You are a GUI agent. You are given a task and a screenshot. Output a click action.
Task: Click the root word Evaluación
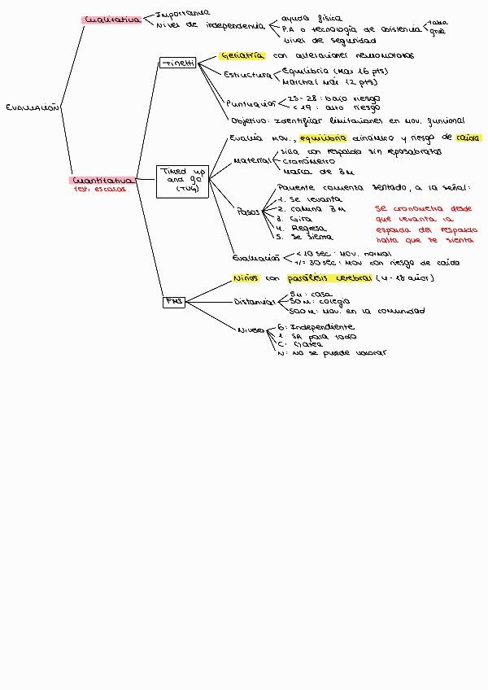[x=32, y=107]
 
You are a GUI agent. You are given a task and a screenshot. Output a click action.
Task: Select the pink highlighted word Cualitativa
[x=112, y=20]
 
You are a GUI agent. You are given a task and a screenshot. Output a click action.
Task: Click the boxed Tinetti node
[x=177, y=63]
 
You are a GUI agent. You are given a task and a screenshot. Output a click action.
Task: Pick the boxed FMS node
[x=174, y=301]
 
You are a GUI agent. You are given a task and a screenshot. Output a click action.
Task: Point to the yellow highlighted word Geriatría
[x=243, y=55]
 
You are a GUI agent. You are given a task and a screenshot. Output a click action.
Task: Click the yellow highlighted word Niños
[x=246, y=278]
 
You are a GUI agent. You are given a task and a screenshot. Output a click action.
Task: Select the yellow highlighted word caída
[x=468, y=138]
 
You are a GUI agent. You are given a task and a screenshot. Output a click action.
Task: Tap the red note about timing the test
[x=425, y=225]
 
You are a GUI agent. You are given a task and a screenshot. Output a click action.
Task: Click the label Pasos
[x=248, y=212]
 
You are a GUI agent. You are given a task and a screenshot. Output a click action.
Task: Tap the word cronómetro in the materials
[x=309, y=161]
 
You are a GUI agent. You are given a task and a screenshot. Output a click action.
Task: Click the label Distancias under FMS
[x=255, y=302]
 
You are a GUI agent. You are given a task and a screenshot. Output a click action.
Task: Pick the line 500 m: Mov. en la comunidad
[x=356, y=311]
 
